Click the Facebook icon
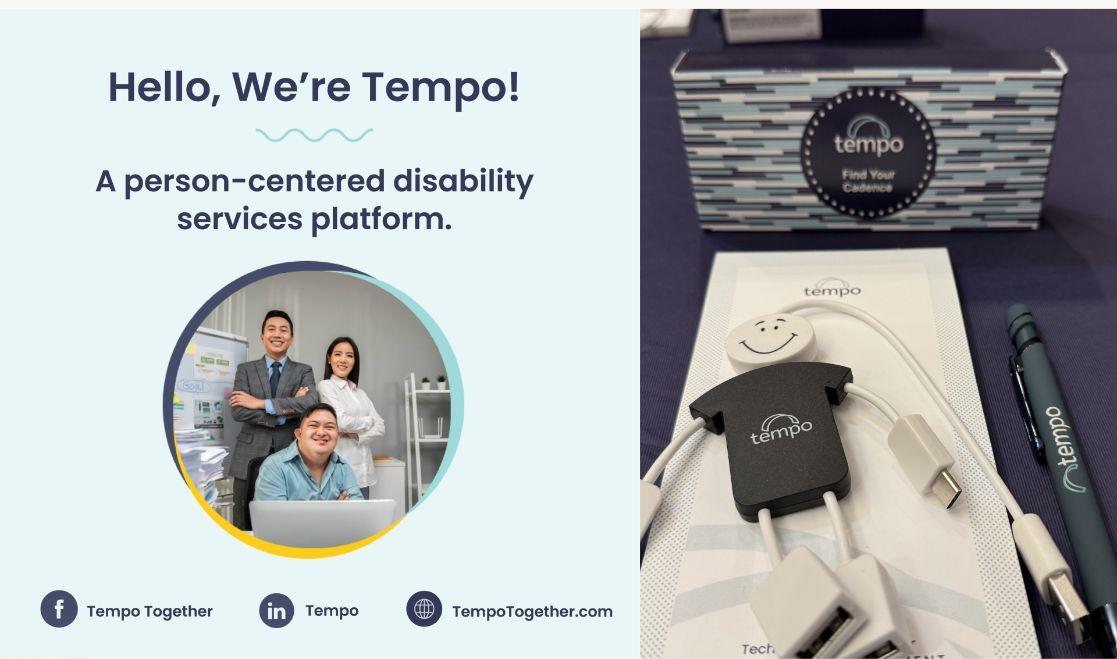[59, 609]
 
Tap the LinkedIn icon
[276, 611]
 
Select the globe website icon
[424, 609]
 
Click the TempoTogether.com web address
[532, 611]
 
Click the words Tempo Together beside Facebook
[150, 611]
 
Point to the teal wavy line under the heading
[314, 136]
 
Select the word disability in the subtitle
[463, 181]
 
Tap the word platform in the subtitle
[381, 219]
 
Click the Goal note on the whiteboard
[193, 386]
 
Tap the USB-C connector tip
[943, 488]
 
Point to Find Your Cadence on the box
[867, 181]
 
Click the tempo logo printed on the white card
[832, 289]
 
